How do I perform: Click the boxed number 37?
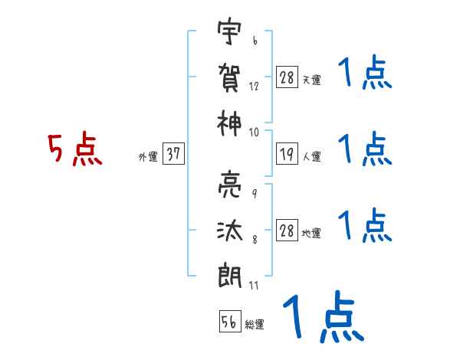(173, 155)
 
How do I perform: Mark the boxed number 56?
(230, 322)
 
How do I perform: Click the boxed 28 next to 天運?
(287, 77)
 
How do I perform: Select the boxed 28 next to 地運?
(287, 231)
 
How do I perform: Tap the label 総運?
(255, 325)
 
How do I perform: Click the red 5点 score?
(74, 150)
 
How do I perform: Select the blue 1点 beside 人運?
(366, 149)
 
